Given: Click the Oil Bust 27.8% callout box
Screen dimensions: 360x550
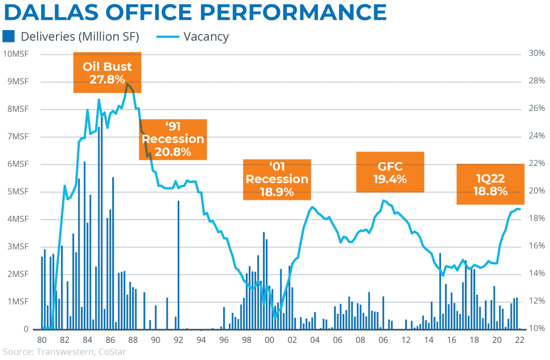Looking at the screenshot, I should point(107,73).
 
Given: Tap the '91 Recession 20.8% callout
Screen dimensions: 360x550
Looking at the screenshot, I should point(172,139).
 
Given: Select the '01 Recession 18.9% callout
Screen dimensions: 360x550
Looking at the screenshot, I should point(277,179).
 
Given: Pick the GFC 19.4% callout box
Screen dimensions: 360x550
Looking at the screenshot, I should point(389,172).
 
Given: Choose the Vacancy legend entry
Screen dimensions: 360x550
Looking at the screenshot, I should point(193,37).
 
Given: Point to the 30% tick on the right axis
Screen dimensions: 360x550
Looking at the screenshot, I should point(538,54).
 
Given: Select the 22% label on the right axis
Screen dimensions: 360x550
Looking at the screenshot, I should point(538,164).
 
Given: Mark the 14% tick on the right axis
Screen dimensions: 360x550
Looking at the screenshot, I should point(538,273).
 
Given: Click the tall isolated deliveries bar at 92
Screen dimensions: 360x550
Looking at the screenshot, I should point(178,263).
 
